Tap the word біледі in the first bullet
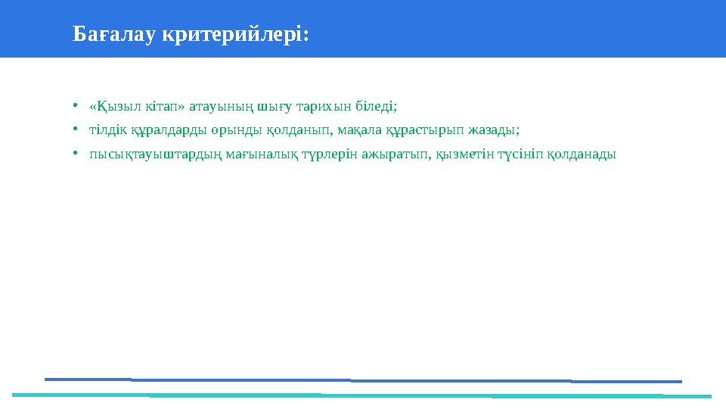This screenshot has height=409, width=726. coord(377,106)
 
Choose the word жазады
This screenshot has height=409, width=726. coord(498,130)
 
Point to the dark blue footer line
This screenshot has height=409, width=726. coord(363,380)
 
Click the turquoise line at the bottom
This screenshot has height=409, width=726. coord(363,395)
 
